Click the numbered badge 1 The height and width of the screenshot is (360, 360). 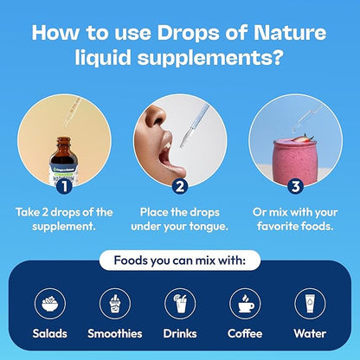pyautogui.click(x=64, y=186)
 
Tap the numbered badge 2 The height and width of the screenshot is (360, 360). pyautogui.click(x=180, y=186)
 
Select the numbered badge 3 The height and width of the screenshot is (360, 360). pyautogui.click(x=295, y=186)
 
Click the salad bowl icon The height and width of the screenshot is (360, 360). pyautogui.click(x=50, y=304)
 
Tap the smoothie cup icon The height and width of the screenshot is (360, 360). pyautogui.click(x=115, y=304)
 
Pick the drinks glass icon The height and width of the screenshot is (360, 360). pyautogui.click(x=180, y=304)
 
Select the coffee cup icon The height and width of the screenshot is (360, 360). pyautogui.click(x=245, y=304)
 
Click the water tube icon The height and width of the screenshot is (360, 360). pyautogui.click(x=310, y=304)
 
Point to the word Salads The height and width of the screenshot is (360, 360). pyautogui.click(x=50, y=334)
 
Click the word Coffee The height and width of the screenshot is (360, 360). pyautogui.click(x=245, y=334)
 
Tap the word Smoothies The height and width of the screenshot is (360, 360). pyautogui.click(x=115, y=334)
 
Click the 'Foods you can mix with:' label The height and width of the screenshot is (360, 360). pyautogui.click(x=180, y=260)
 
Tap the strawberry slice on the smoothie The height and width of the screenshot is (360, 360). pyautogui.click(x=302, y=138)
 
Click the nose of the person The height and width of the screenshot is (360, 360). pyautogui.click(x=157, y=116)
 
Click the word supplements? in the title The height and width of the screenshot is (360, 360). pyautogui.click(x=209, y=57)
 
